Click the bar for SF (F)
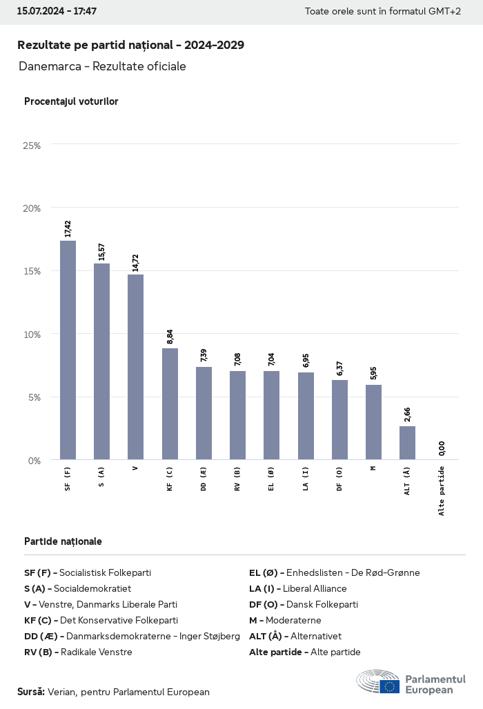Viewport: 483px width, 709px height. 68,350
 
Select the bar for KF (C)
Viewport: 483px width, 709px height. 170,403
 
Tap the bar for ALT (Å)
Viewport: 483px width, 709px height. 407,442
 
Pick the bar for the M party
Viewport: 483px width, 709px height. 373,421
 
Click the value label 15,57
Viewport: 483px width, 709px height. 102,251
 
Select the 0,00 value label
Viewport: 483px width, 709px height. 442,448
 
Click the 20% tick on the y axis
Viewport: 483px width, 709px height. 32,208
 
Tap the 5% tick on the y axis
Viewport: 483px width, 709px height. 34,397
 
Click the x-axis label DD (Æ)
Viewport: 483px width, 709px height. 204,478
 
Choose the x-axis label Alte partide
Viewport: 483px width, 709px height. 442,490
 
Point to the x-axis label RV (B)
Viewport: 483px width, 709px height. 237,477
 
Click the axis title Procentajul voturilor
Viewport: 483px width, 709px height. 71,101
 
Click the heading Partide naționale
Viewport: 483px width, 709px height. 63,541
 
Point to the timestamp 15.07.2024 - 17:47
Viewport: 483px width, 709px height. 57,12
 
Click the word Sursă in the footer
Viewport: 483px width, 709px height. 31,692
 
